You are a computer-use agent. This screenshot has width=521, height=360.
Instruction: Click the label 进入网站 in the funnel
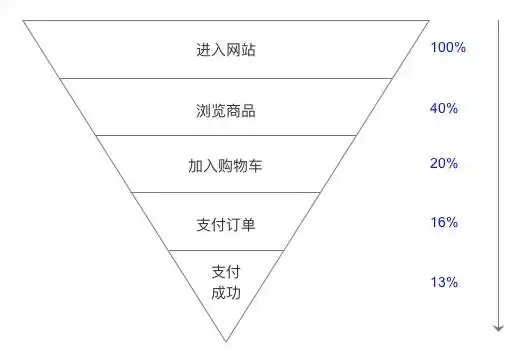(226, 49)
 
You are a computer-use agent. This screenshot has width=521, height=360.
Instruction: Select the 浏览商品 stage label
(226, 110)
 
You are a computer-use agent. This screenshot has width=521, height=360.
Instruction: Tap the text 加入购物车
(226, 166)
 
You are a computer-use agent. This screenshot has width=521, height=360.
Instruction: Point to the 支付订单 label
(226, 224)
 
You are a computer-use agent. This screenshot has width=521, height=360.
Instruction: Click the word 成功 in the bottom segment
(226, 293)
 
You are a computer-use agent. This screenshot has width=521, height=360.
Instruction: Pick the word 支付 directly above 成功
(226, 271)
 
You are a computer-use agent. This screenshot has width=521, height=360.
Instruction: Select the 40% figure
(444, 108)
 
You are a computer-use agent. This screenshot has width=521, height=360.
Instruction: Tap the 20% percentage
(444, 164)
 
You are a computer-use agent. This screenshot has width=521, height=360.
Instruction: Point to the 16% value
(444, 222)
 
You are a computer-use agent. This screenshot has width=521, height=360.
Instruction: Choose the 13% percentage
(444, 282)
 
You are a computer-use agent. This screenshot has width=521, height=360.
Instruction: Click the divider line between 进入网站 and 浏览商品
(226, 78)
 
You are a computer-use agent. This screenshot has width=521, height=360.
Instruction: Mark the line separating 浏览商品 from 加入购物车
(226, 136)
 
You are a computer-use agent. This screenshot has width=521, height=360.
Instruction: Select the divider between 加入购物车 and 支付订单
(226, 193)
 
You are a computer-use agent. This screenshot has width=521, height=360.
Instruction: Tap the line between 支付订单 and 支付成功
(226, 249)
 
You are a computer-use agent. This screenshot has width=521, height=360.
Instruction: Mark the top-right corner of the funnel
(430, 20)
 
